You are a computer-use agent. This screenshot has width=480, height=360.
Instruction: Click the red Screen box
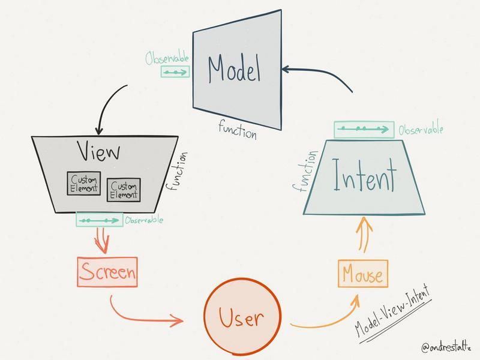(x=107, y=272)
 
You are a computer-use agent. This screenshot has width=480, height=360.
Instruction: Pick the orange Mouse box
(x=362, y=275)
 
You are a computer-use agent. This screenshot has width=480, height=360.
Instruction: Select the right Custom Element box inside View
(x=123, y=190)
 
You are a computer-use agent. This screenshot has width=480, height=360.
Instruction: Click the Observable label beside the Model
(x=167, y=58)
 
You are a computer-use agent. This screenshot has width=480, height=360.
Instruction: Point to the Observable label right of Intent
(x=421, y=129)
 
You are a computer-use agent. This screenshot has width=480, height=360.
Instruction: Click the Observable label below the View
(x=143, y=221)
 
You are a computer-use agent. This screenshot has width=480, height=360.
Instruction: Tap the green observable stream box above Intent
(x=364, y=129)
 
